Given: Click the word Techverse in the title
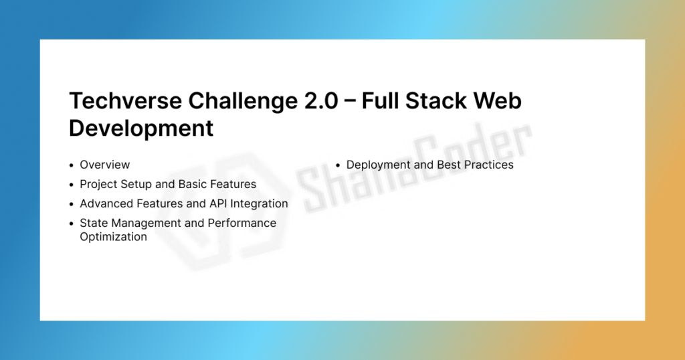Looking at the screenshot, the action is coord(125,100).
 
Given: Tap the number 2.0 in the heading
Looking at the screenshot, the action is coord(321,100).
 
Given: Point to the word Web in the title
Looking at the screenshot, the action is coord(498,100).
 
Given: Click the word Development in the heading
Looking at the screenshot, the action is coord(141,128).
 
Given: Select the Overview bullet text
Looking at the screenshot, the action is coord(105,165).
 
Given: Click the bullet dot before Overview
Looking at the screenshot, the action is coord(71,165).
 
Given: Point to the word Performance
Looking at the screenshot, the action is coord(242,223).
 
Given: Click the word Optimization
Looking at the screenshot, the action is coord(113,238).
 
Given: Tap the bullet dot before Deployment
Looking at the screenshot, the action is coord(338,165).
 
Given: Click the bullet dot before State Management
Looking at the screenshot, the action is coord(71,223).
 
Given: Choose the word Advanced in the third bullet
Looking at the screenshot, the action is coord(106,203).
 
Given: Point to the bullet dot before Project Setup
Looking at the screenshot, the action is coord(71,185).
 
